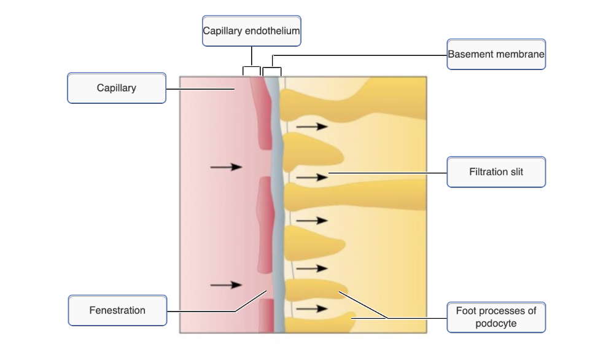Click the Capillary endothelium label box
(x=252, y=31)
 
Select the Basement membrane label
(x=496, y=55)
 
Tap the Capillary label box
(x=117, y=88)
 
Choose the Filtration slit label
(x=496, y=172)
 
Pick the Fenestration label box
(x=117, y=310)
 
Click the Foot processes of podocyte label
(x=496, y=317)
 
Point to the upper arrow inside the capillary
(x=226, y=166)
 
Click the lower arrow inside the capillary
(x=226, y=284)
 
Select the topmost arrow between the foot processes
(x=312, y=127)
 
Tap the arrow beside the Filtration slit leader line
(x=312, y=178)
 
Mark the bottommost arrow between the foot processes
(x=312, y=308)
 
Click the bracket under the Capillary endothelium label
(x=252, y=69)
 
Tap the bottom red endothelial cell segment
(x=266, y=315)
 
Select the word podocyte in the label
(x=496, y=324)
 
